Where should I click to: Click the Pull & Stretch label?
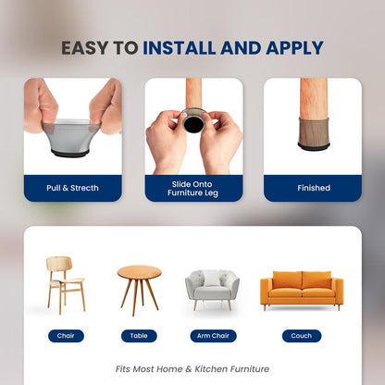point(72,188)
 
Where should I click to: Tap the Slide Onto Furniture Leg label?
point(192,188)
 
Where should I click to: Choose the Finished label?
point(313,188)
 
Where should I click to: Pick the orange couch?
point(302,290)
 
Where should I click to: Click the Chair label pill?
point(66,336)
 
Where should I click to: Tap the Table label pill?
point(139,336)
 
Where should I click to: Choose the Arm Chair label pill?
point(211,336)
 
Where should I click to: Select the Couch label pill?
point(302,336)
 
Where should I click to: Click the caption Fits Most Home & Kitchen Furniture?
point(192,367)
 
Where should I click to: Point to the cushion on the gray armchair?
point(212,279)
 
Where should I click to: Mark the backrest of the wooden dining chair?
point(59,266)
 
